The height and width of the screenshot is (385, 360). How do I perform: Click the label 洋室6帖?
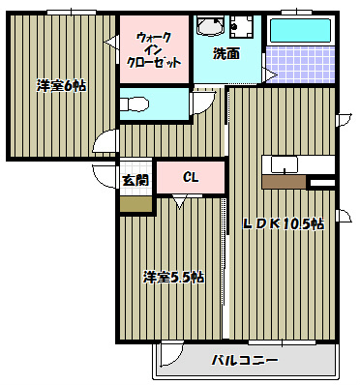62,86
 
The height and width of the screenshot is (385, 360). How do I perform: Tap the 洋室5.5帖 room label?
173,277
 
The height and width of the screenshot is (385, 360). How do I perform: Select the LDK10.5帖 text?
283,223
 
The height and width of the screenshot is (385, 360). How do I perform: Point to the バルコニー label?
245,361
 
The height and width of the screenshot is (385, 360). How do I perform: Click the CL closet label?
191,177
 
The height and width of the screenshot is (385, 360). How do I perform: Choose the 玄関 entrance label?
135,180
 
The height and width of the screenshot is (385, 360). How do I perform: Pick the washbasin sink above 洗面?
207,27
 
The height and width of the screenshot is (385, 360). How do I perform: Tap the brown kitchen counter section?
284,180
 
